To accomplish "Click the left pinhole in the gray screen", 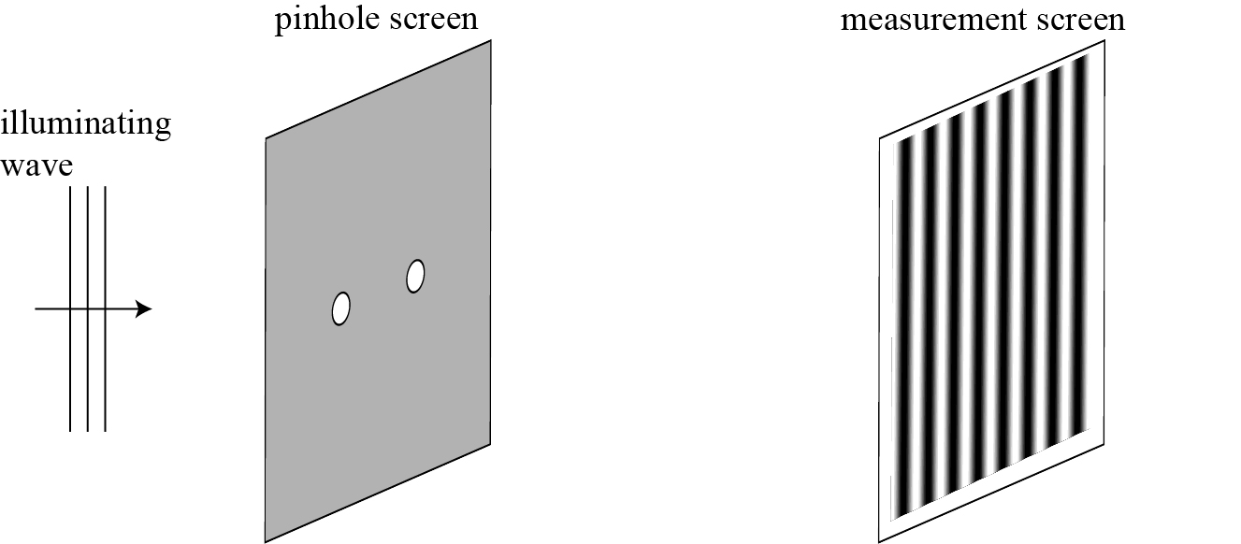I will pos(341,308).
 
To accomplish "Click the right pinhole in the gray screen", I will pos(415,276).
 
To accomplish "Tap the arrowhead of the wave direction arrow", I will pos(144,308).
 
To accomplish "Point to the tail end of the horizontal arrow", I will pos(37,308).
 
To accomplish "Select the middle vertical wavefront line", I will pos(87,374).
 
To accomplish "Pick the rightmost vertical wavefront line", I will pos(105,374).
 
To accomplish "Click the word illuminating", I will pos(86,125).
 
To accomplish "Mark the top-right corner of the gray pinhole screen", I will pos(490,40).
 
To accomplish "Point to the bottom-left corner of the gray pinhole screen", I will pos(267,541).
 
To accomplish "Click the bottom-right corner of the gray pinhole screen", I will pos(490,443).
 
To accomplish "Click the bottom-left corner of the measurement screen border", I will pos(880,541).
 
